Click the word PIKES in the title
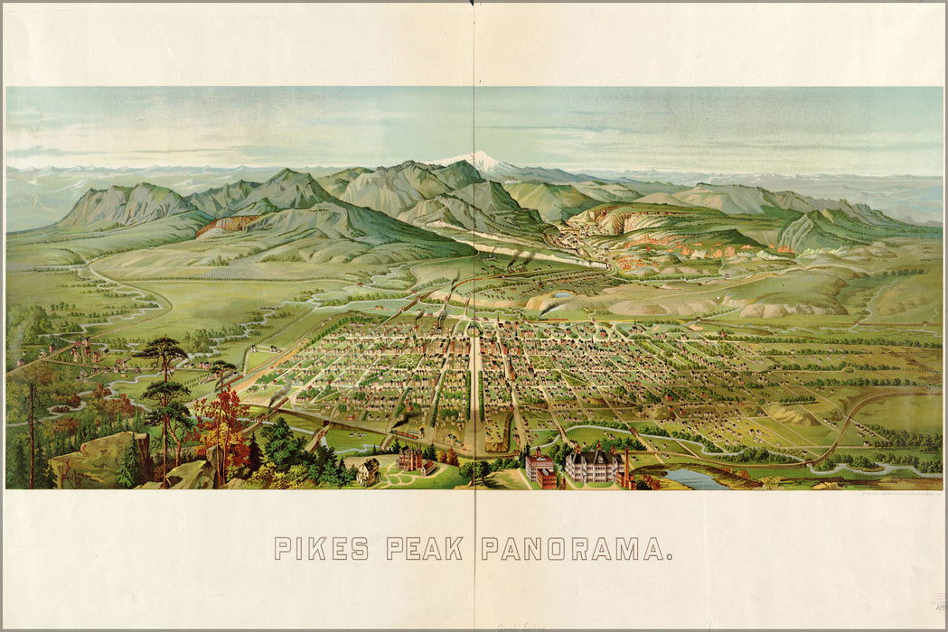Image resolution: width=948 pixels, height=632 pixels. tap(321, 548)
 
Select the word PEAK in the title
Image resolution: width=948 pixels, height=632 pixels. tap(424, 548)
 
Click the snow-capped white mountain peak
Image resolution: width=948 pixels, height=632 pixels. tap(480, 161)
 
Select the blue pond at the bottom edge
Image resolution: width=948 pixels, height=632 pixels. tap(695, 479)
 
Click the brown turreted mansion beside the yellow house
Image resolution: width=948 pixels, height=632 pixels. tap(414, 461)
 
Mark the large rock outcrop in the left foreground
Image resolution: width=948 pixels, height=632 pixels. tap(95, 460)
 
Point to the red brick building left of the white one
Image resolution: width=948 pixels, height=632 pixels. tap(540, 468)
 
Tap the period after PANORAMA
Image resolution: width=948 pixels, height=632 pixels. tap(669, 556)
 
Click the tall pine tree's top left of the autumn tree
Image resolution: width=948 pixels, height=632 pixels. tap(163, 348)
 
